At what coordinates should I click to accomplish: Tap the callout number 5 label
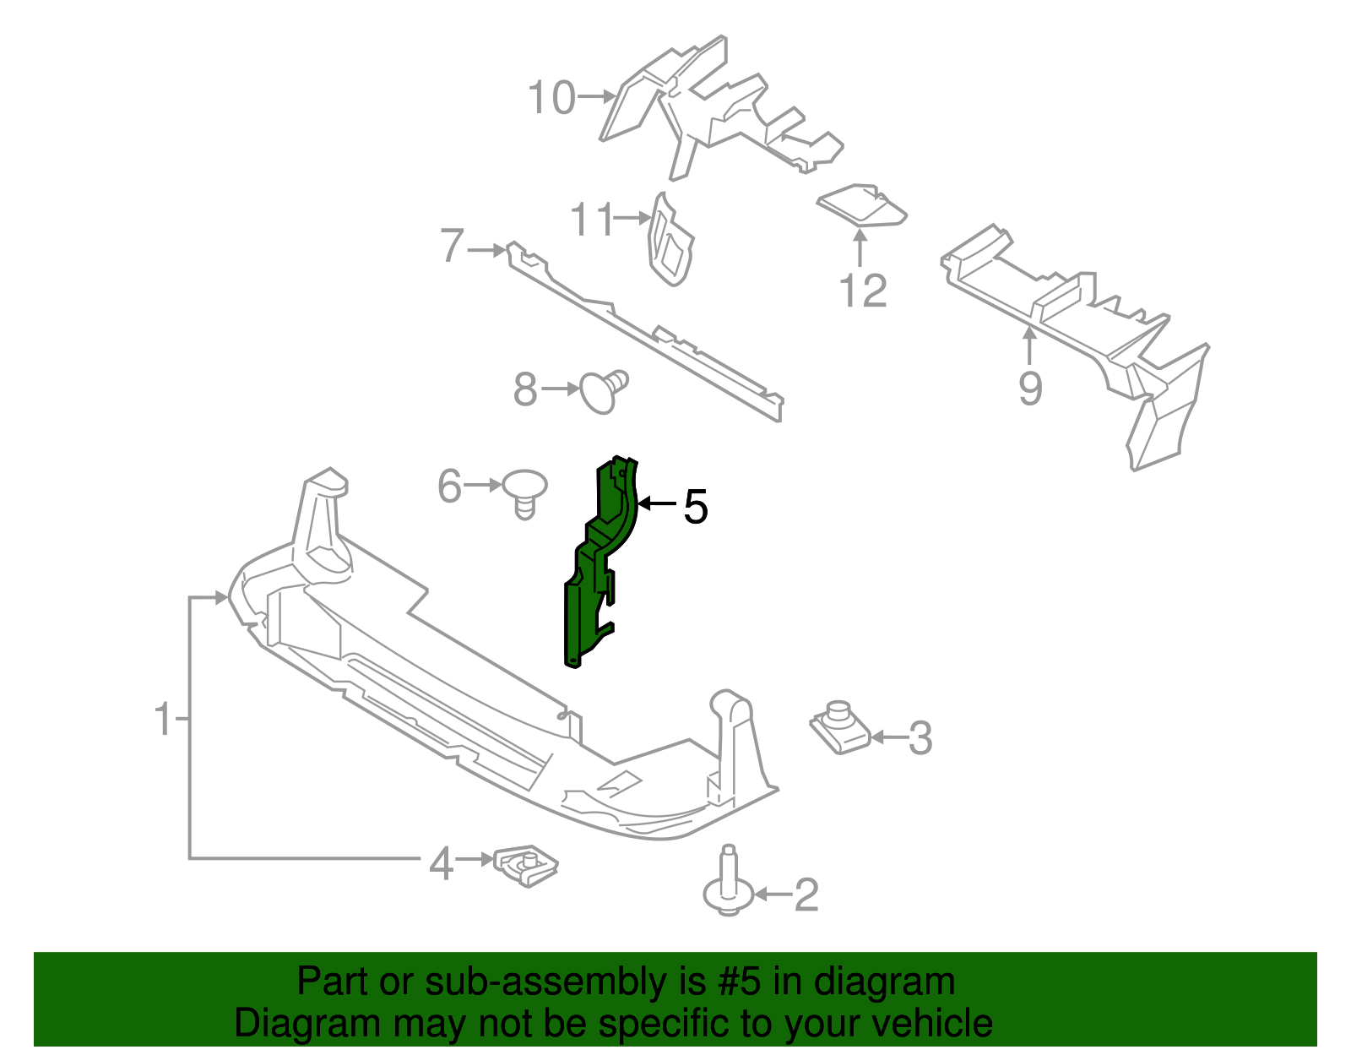pyautogui.click(x=695, y=508)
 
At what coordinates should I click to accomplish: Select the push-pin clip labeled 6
pyautogui.click(x=524, y=492)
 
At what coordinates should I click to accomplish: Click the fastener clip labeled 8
pyautogui.click(x=604, y=391)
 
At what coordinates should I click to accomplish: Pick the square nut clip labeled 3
pyautogui.click(x=839, y=729)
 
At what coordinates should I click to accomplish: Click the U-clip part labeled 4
pyautogui.click(x=526, y=866)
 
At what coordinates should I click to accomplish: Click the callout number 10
pyautogui.click(x=551, y=98)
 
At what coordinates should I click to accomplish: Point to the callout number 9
pyautogui.click(x=1030, y=389)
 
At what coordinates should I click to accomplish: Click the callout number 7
pyautogui.click(x=453, y=247)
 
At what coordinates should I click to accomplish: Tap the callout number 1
pyautogui.click(x=163, y=720)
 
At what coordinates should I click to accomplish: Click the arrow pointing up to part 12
pyautogui.click(x=860, y=248)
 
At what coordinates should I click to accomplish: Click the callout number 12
pyautogui.click(x=863, y=291)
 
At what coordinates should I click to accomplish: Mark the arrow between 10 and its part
pyautogui.click(x=598, y=96)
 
